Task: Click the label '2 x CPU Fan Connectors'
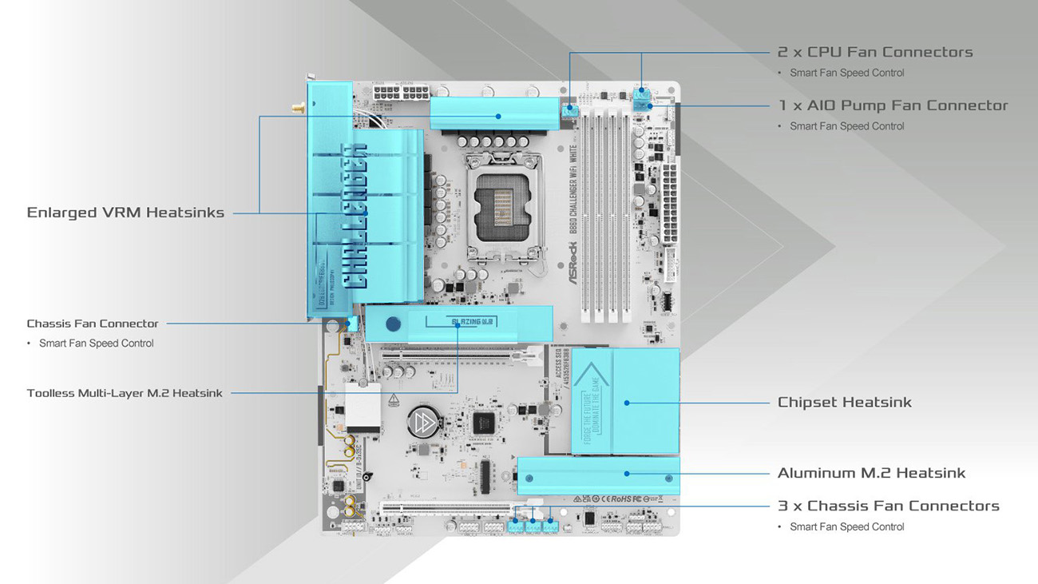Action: point(874,52)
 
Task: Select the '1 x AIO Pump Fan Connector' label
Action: point(893,105)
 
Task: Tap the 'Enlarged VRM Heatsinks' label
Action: point(125,213)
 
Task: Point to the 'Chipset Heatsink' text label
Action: point(844,403)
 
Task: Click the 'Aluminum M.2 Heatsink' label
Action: point(871,473)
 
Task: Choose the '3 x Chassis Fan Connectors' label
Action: point(888,506)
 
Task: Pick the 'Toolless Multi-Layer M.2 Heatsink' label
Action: point(125,393)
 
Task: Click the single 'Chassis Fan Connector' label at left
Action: point(93,324)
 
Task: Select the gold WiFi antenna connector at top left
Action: point(297,107)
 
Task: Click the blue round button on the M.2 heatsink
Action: point(392,324)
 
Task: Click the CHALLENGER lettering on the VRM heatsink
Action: point(355,216)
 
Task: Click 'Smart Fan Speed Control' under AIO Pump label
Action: point(846,126)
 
